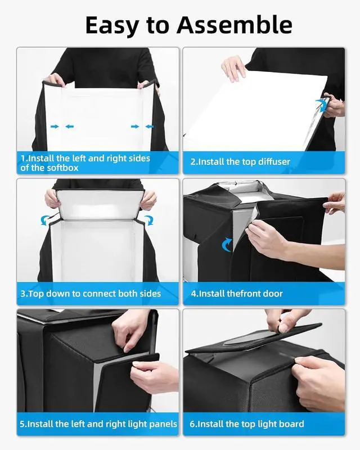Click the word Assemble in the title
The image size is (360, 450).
click(x=235, y=25)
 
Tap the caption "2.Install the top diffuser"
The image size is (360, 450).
click(x=240, y=162)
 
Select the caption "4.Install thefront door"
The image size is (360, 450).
click(x=236, y=294)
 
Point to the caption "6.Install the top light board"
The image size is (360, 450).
click(x=247, y=424)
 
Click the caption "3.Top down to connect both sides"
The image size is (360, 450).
click(x=91, y=294)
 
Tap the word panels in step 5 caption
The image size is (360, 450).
click(x=162, y=424)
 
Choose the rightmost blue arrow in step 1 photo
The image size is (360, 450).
click(x=149, y=127)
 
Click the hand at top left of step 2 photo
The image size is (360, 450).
click(x=233, y=68)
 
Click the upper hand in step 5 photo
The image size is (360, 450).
click(x=132, y=329)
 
